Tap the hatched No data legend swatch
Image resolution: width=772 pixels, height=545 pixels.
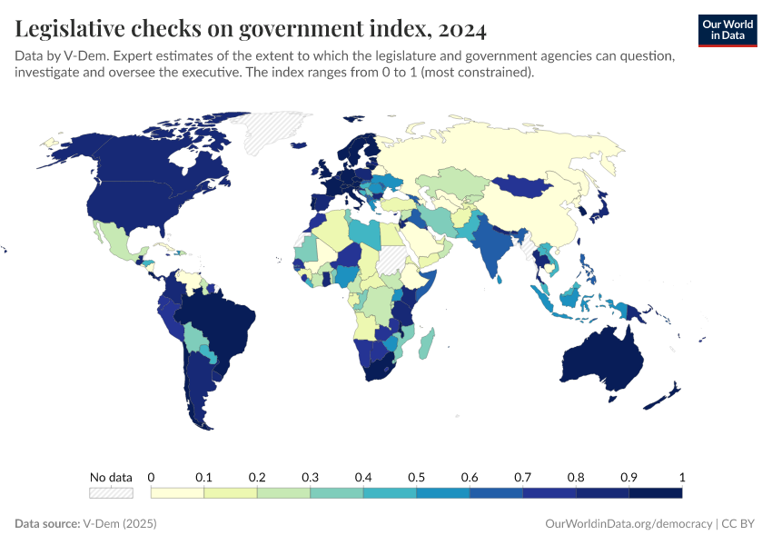[x=111, y=492]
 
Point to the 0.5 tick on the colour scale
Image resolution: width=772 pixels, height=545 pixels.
[x=416, y=478]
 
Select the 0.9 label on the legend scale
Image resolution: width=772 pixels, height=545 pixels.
[x=628, y=478]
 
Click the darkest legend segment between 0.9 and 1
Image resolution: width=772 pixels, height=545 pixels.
[x=655, y=492]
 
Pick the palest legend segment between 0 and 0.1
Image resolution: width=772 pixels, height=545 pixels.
[x=177, y=492]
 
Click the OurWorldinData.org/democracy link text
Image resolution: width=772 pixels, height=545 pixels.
[x=628, y=524]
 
